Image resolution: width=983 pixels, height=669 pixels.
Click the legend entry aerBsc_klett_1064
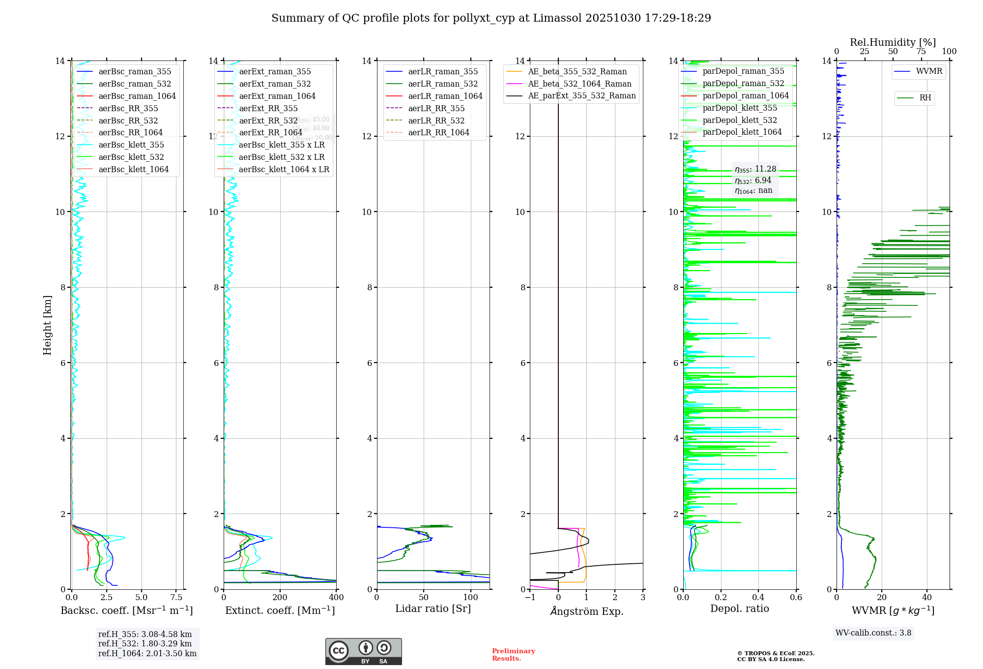(133, 169)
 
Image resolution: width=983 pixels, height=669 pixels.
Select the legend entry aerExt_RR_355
(268, 108)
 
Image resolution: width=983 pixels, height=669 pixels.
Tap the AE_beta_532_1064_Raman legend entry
(579, 84)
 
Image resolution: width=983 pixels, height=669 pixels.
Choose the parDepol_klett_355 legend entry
(739, 108)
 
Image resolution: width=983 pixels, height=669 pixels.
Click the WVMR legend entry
(928, 71)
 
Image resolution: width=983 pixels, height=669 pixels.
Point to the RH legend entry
(925, 98)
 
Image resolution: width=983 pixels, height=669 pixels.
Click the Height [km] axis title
(47, 325)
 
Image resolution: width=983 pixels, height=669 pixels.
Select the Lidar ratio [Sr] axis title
(433, 608)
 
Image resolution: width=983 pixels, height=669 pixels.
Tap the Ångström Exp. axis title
(586, 611)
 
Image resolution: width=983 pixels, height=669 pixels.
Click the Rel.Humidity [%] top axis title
(893, 42)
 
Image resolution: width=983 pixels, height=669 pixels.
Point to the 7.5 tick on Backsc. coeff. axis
(176, 597)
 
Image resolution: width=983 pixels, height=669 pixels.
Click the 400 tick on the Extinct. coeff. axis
(336, 597)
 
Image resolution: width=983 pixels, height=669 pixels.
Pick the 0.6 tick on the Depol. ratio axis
(796, 597)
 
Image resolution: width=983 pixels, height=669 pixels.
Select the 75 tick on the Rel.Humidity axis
(921, 52)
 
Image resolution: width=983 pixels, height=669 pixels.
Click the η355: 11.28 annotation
(755, 169)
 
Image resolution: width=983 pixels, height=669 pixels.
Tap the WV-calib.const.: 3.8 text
(873, 633)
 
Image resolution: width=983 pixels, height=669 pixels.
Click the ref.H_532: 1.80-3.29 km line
(145, 643)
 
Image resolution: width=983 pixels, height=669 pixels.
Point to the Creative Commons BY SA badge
(363, 651)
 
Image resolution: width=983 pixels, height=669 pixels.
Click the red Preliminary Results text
(513, 654)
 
